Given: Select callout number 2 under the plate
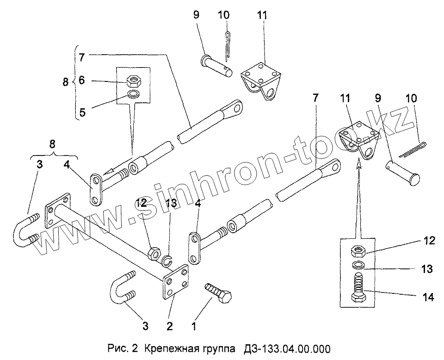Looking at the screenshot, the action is tap(170, 326).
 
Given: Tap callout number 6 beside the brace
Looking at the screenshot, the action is tap(81, 80).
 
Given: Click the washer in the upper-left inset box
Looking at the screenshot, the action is tap(134, 95).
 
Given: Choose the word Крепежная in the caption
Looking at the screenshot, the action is tap(169, 348).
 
